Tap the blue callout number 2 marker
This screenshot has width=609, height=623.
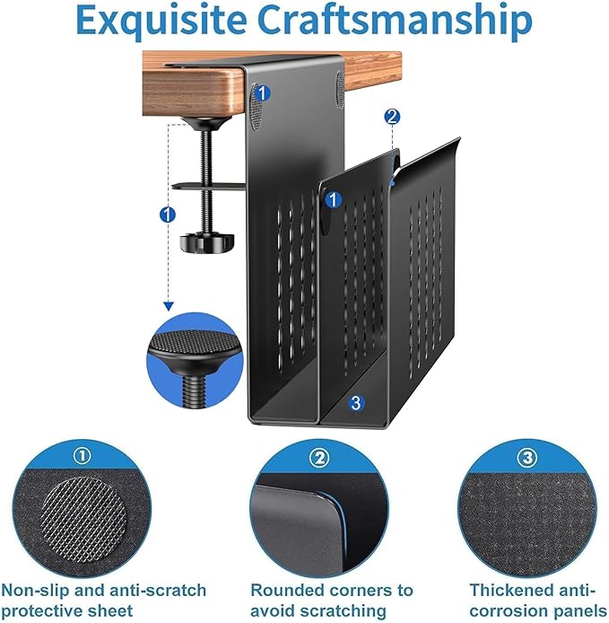(391, 117)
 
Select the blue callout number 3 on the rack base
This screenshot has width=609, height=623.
(357, 404)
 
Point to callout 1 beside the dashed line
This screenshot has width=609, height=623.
(166, 215)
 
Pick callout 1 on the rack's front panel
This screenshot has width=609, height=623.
(332, 199)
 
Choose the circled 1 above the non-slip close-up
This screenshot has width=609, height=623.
(82, 456)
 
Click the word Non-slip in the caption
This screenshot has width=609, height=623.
(32, 590)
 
